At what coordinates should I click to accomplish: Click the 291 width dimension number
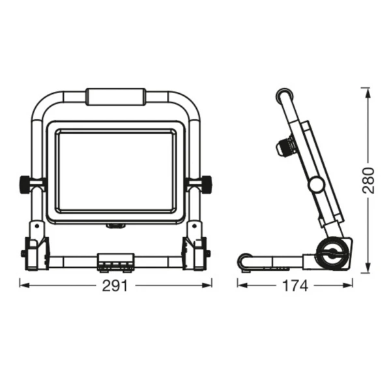click(x=115, y=286)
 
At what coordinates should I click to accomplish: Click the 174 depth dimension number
click(x=295, y=286)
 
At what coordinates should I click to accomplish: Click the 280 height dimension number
click(x=368, y=181)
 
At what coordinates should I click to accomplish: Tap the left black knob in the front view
click(x=25, y=184)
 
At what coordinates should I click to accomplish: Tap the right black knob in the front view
click(x=207, y=184)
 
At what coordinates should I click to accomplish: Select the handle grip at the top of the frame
click(x=116, y=96)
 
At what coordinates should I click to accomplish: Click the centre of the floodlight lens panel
click(x=116, y=171)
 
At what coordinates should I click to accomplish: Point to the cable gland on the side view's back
click(x=286, y=147)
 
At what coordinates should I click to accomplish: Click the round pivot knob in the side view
click(x=317, y=185)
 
